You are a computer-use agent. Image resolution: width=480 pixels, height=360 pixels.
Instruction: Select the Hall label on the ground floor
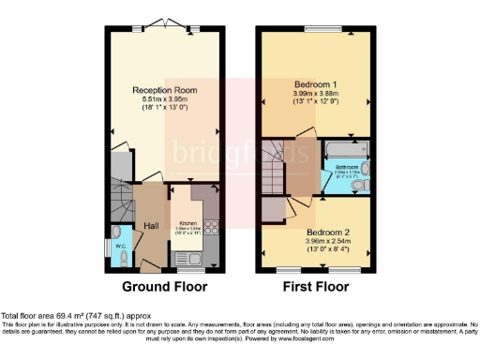pyautogui.click(x=151, y=225)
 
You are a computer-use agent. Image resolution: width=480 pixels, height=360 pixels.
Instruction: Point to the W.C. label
pyautogui.click(x=121, y=247)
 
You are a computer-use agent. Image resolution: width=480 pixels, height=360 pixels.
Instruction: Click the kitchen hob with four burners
pyautogui.click(x=211, y=226)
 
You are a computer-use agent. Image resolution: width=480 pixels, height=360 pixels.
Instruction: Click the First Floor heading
pyautogui.click(x=317, y=287)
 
